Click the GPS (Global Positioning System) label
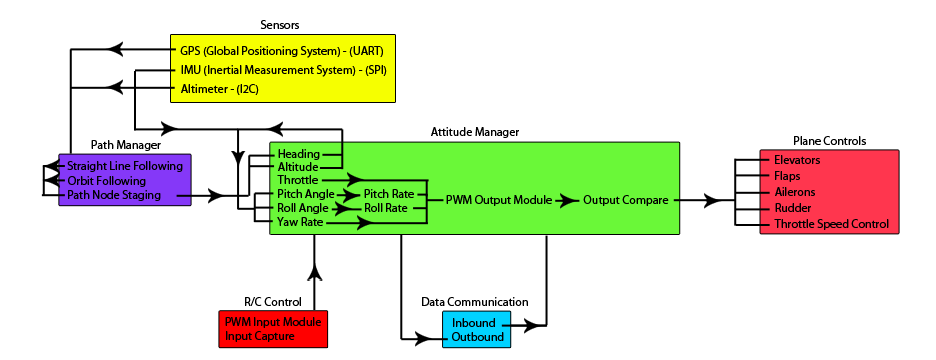281,51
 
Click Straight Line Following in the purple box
125,166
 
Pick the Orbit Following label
106,181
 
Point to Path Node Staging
113,195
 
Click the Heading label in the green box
298,154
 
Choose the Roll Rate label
385,208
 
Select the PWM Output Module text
499,200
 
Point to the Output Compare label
626,200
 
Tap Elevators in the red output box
797,160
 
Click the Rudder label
793,208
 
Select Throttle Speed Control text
831,224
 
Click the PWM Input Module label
273,323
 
